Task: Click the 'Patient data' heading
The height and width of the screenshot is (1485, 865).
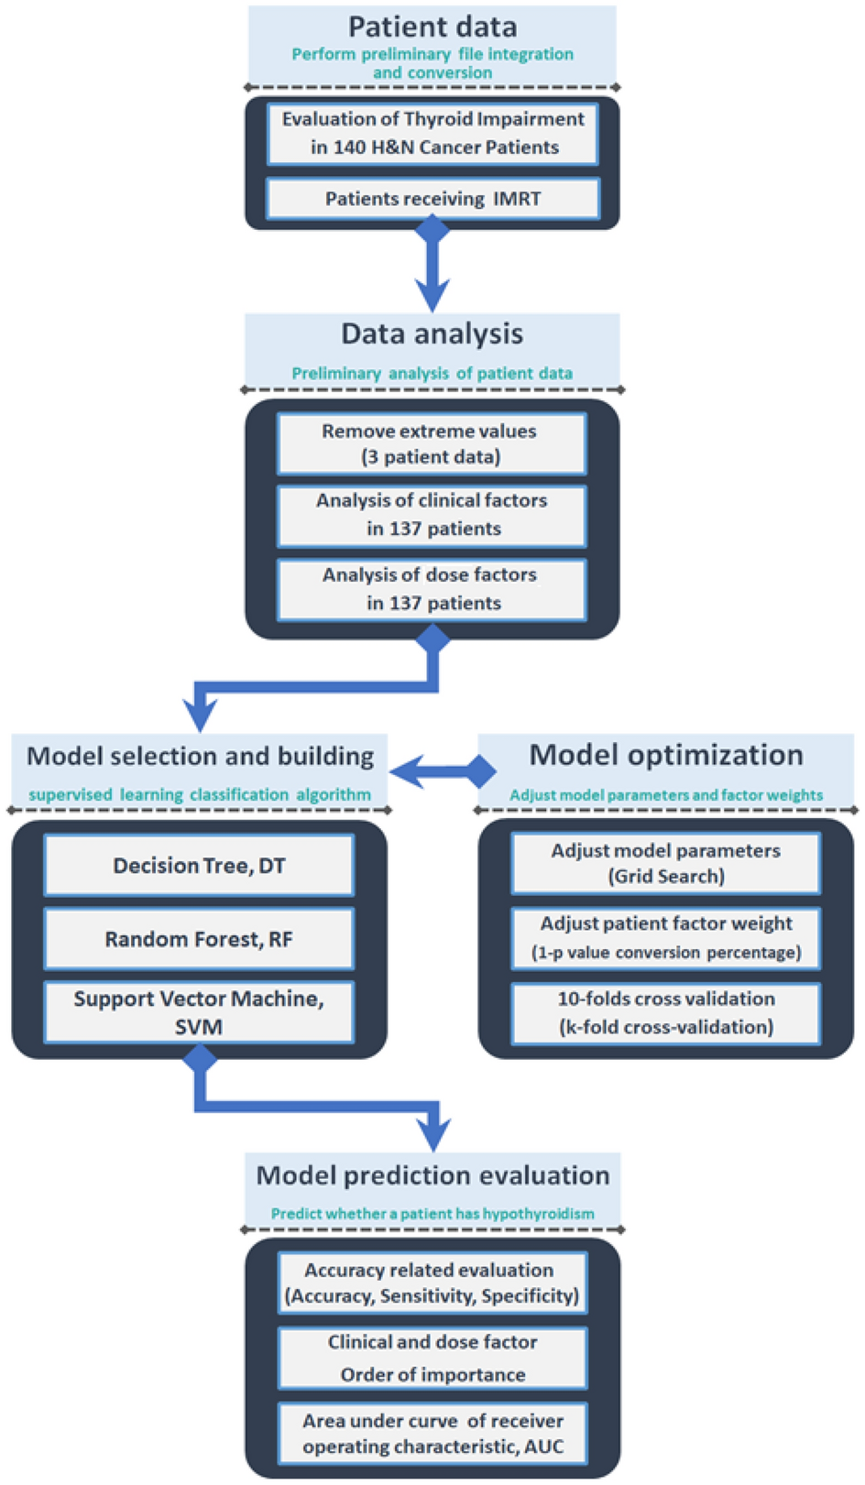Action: click(x=432, y=27)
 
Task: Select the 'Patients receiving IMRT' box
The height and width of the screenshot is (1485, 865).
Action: click(x=432, y=199)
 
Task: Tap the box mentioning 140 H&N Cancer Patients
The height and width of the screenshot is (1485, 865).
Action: click(x=432, y=133)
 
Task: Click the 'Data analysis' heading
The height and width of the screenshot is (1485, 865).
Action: click(x=432, y=333)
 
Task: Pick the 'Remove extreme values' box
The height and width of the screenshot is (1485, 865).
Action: click(x=432, y=443)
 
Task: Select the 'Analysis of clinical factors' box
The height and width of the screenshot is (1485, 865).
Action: click(x=432, y=515)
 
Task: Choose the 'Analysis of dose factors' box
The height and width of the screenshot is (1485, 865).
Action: click(x=432, y=589)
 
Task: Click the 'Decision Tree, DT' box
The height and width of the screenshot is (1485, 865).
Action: click(x=199, y=865)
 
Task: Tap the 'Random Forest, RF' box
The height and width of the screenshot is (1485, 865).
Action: click(x=199, y=939)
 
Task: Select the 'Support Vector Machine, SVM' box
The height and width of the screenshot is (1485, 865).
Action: click(x=199, y=1012)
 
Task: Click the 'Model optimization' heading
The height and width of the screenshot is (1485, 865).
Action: click(x=666, y=755)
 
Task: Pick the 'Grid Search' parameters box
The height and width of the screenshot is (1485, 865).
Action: click(x=666, y=863)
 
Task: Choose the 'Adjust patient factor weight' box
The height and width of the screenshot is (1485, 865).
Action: click(x=666, y=938)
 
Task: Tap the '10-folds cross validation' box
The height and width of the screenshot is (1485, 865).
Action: click(x=666, y=1012)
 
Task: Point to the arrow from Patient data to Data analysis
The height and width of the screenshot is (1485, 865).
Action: click(x=432, y=270)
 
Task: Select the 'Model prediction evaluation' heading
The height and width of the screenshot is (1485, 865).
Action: click(x=432, y=1175)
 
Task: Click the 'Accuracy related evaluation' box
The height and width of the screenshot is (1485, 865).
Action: click(x=432, y=1283)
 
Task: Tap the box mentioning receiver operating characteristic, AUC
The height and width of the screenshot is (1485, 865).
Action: click(x=432, y=1434)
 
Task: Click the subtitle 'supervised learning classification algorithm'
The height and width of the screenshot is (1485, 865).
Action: click(x=200, y=795)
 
